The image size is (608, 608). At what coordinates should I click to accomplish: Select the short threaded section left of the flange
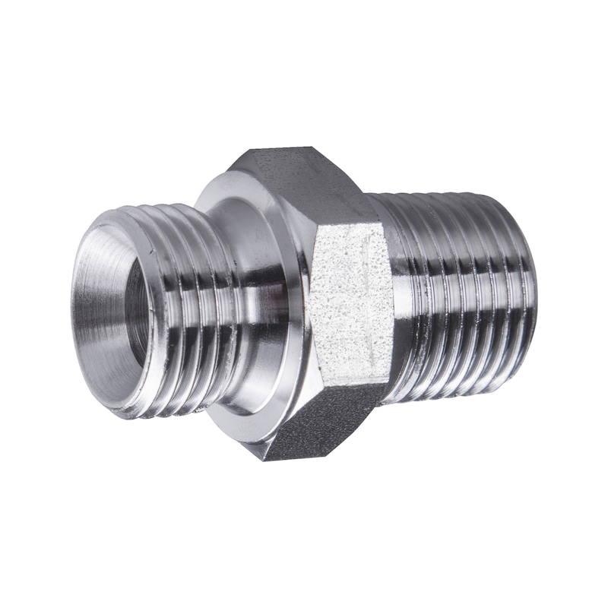pos(190,312)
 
